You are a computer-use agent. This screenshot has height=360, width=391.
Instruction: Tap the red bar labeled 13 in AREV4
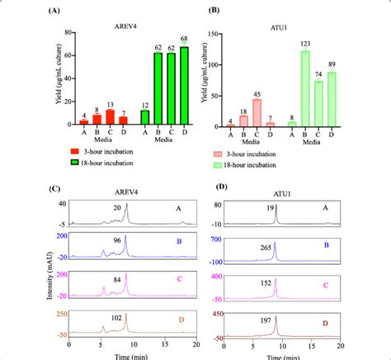tap(110, 116)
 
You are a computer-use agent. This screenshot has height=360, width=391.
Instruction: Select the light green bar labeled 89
tap(332, 99)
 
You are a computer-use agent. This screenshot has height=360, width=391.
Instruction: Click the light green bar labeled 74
tap(318, 103)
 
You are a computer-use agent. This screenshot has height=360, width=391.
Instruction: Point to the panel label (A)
tap(54, 12)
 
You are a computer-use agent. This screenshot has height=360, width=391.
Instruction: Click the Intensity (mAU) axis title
tap(39, 268)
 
